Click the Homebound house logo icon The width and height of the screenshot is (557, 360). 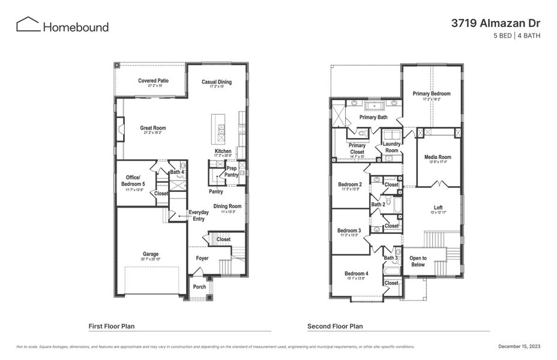click(x=28, y=25)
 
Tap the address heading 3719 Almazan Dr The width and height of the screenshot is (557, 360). click(x=496, y=23)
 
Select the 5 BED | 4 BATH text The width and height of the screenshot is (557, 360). click(x=516, y=36)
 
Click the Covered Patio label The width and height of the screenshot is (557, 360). click(x=153, y=81)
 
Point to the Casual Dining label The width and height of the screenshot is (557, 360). click(x=217, y=82)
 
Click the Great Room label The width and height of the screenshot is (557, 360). click(x=153, y=128)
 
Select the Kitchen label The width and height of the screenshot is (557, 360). click(x=223, y=151)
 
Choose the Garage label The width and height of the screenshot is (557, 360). click(x=151, y=254)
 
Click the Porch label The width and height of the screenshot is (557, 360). click(x=199, y=287)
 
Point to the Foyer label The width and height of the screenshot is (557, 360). click(x=202, y=259)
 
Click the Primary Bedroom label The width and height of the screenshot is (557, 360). click(x=432, y=94)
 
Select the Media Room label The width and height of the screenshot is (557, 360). click(x=438, y=157)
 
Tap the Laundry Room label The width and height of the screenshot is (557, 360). click(x=391, y=147)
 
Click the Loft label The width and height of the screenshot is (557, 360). click(x=438, y=208)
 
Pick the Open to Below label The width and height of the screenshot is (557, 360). click(x=418, y=262)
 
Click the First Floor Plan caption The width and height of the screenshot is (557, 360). click(x=112, y=326)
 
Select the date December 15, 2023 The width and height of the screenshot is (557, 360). click(x=519, y=346)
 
